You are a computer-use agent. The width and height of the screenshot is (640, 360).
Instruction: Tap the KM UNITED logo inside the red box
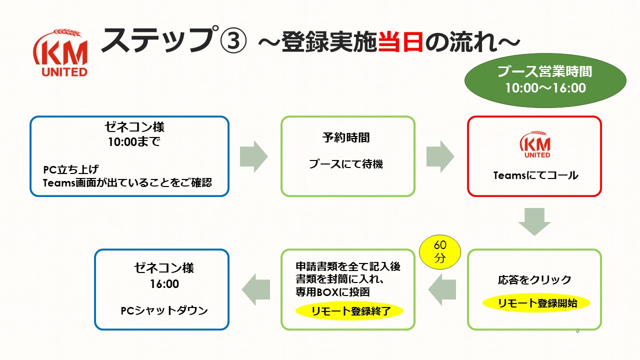(535, 144)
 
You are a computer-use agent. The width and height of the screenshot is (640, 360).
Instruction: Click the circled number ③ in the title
(233, 40)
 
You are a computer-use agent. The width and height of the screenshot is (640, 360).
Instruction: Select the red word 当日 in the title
(400, 41)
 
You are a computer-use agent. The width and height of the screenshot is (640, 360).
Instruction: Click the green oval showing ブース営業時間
(545, 80)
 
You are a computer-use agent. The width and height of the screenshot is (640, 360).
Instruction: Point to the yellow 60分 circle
(440, 252)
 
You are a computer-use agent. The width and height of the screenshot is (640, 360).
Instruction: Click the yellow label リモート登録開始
(536, 303)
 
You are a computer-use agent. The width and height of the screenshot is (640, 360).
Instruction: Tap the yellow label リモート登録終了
(349, 311)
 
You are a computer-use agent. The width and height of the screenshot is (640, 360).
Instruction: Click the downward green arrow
(534, 221)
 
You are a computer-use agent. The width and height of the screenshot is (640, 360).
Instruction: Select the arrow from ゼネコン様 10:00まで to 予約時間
(253, 156)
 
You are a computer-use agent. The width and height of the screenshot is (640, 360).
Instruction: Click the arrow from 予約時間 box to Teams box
(440, 156)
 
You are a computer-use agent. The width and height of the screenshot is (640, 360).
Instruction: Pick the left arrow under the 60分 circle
(442, 289)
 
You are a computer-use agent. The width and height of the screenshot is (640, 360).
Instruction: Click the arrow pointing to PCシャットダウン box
(255, 289)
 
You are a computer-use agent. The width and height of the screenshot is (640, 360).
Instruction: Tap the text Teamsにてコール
(535, 175)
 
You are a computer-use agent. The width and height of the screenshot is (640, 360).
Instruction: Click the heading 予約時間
(346, 137)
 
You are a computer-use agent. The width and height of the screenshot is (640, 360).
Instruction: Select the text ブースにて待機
(346, 164)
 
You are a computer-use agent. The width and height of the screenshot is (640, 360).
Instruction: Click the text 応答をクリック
(534, 279)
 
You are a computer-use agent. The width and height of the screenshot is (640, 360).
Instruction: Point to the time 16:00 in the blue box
(164, 283)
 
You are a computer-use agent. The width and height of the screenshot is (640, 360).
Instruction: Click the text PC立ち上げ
(71, 169)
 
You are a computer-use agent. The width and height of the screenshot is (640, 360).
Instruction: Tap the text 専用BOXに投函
(333, 292)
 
